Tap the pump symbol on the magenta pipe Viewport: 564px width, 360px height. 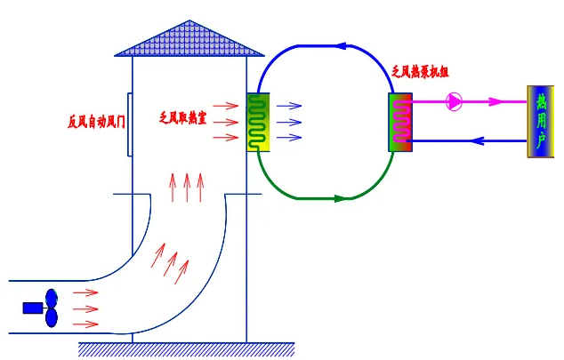[454, 101]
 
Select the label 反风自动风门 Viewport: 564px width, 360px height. [96, 121]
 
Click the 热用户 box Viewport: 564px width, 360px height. [540, 122]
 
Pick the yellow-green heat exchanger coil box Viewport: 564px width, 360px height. [258, 122]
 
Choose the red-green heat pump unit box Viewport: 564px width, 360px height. [401, 122]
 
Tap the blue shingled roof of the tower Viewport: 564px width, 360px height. [189, 38]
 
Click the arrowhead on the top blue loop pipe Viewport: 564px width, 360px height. [341, 42]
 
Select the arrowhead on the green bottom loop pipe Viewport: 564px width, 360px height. [339, 198]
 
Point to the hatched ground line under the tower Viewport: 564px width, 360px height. [187, 348]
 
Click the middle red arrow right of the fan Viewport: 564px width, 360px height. [85, 308]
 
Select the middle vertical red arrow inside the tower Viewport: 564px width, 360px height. [187, 187]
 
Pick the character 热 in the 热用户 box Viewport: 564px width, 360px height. [540, 100]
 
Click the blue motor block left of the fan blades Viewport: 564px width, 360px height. [32, 308]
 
